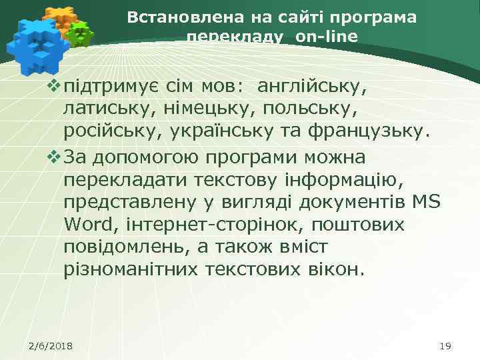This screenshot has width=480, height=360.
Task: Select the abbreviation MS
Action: [427, 202]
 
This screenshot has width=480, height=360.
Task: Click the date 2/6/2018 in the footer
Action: [51, 345]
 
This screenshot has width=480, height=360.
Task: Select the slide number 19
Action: [446, 345]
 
